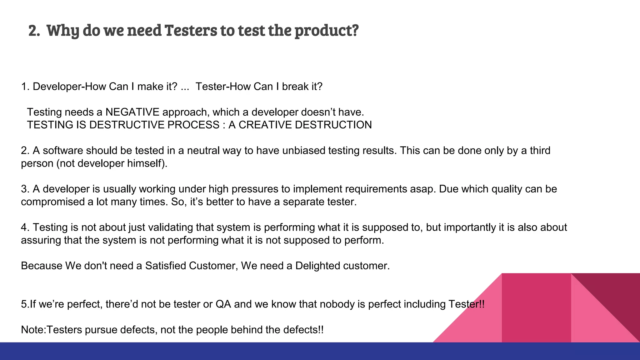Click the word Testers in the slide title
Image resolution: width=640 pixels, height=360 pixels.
coord(191,31)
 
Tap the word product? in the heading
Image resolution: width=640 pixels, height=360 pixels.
coord(326,31)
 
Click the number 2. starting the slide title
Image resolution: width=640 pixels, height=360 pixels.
coord(34,31)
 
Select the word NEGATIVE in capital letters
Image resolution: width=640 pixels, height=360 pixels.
coord(132,112)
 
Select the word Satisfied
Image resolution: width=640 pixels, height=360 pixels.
coord(166,266)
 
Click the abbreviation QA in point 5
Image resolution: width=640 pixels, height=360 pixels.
coord(223,304)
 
